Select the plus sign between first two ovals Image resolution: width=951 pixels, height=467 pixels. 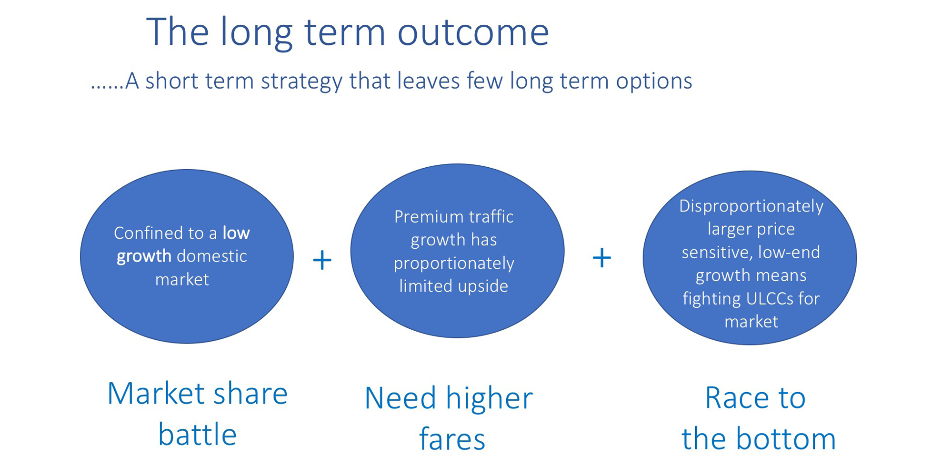(x=322, y=260)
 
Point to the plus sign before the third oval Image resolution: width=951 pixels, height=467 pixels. (x=601, y=258)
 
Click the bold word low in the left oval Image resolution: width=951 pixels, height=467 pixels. (x=236, y=233)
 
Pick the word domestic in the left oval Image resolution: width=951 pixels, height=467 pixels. (x=211, y=256)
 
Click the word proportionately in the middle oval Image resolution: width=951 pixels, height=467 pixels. (x=453, y=263)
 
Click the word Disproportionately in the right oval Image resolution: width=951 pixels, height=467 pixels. (x=751, y=206)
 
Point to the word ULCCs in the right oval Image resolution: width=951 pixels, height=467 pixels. (x=770, y=299)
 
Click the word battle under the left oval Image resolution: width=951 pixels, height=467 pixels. (x=197, y=435)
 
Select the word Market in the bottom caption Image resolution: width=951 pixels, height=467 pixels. (x=156, y=394)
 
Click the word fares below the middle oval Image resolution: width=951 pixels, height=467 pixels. (x=452, y=439)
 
